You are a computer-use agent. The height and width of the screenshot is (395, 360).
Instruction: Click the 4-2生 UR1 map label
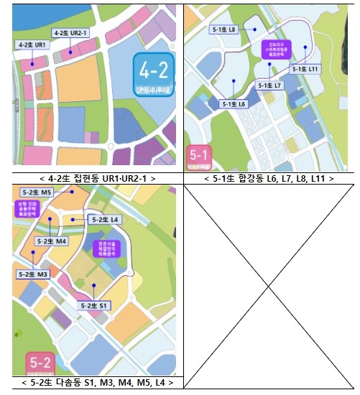click(32, 45)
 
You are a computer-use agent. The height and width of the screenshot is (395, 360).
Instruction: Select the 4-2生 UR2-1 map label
click(71, 33)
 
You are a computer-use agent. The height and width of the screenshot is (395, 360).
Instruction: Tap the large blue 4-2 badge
click(152, 75)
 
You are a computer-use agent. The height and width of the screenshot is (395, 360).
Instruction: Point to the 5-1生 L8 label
click(223, 30)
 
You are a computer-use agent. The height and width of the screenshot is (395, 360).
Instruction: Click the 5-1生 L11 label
click(305, 69)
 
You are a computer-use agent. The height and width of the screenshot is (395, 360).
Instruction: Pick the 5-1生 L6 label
click(234, 104)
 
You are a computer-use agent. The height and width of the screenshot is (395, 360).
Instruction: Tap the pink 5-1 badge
click(198, 154)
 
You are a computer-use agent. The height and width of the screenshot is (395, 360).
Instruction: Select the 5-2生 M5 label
click(37, 192)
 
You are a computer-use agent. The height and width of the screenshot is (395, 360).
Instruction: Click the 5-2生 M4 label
click(52, 242)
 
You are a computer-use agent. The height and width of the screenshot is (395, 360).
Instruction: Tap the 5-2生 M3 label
click(32, 274)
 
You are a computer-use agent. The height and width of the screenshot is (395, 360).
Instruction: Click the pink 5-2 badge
click(39, 363)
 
